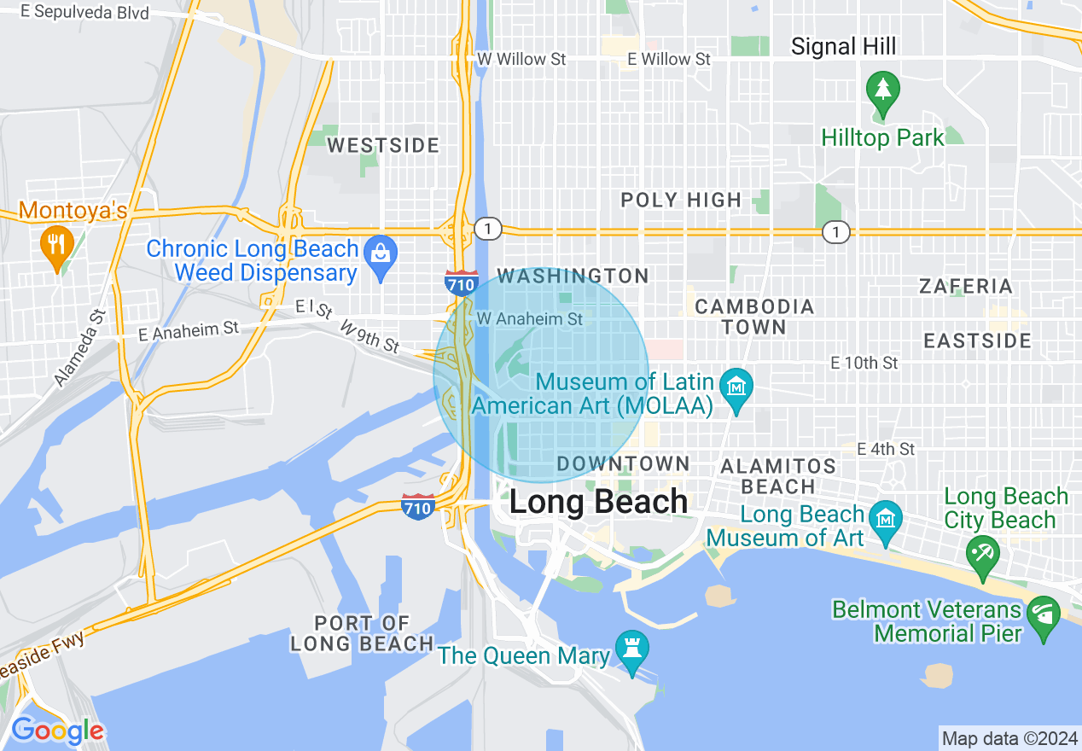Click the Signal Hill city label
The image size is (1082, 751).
tap(843, 46)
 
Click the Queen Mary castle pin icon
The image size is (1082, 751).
tap(631, 651)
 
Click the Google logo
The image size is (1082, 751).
tap(57, 731)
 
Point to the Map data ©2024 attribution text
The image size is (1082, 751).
tap(1009, 737)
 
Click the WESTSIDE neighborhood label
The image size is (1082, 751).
tap(383, 146)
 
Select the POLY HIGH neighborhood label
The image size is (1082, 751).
tap(681, 201)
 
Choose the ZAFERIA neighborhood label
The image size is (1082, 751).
tap(966, 287)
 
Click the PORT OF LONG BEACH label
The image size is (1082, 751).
tap(362, 633)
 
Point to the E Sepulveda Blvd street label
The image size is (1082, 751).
tap(74, 13)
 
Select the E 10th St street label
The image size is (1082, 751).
tap(864, 364)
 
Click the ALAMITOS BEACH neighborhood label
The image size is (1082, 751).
tap(778, 476)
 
